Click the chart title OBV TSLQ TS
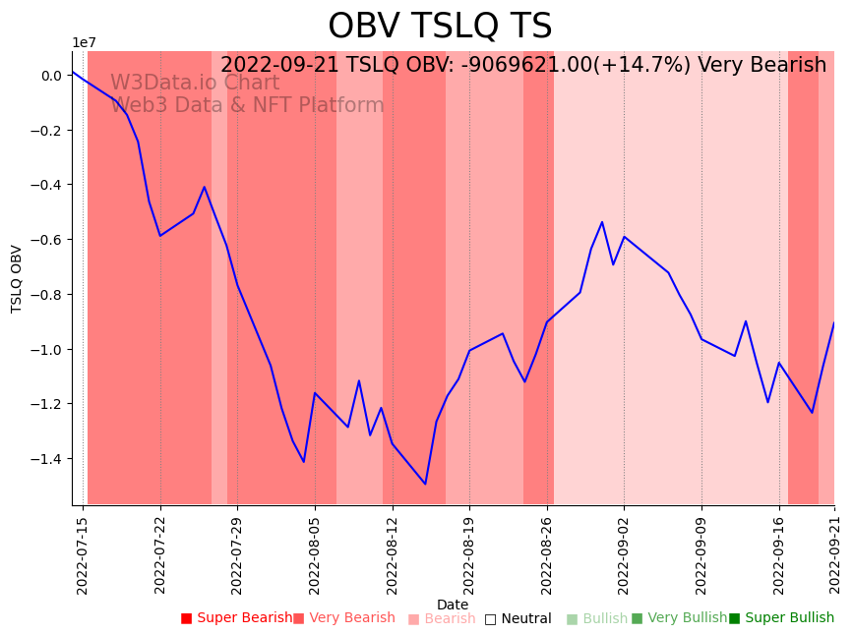point(440,27)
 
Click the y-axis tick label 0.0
point(50,76)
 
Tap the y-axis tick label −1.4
point(46,459)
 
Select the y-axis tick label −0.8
point(46,295)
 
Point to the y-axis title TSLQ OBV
point(17,278)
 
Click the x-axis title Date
point(453,605)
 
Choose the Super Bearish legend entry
point(236,618)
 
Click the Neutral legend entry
point(518,618)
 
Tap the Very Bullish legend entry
point(679,618)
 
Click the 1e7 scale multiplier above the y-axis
point(84,42)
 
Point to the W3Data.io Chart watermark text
point(195,83)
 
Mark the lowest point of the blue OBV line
point(425,484)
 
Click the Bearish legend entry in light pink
point(442,618)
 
